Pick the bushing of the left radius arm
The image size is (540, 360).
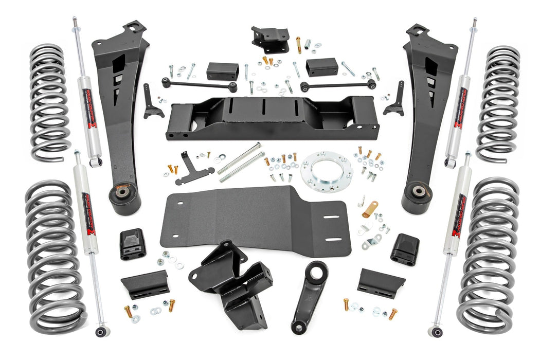pos(124,195)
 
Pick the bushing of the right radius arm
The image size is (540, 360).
pos(417,192)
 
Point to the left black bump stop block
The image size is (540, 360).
pos(132,245)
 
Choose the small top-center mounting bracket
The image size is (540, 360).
pos(269,38)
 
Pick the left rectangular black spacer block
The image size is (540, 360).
pos(223,71)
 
